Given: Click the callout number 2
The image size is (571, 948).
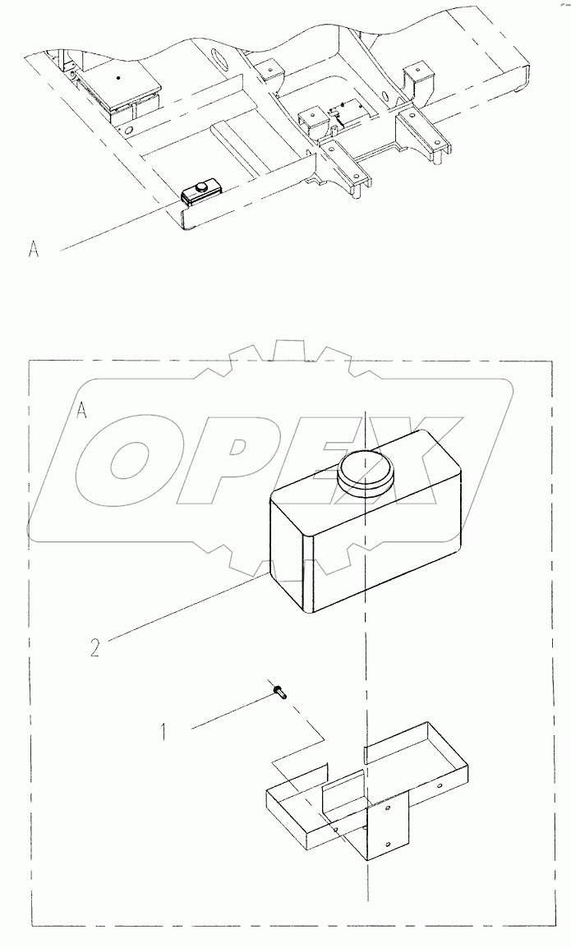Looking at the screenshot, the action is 94,647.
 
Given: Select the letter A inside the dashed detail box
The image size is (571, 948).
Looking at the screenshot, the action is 82,411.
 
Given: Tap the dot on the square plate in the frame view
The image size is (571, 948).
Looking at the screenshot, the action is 119,78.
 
